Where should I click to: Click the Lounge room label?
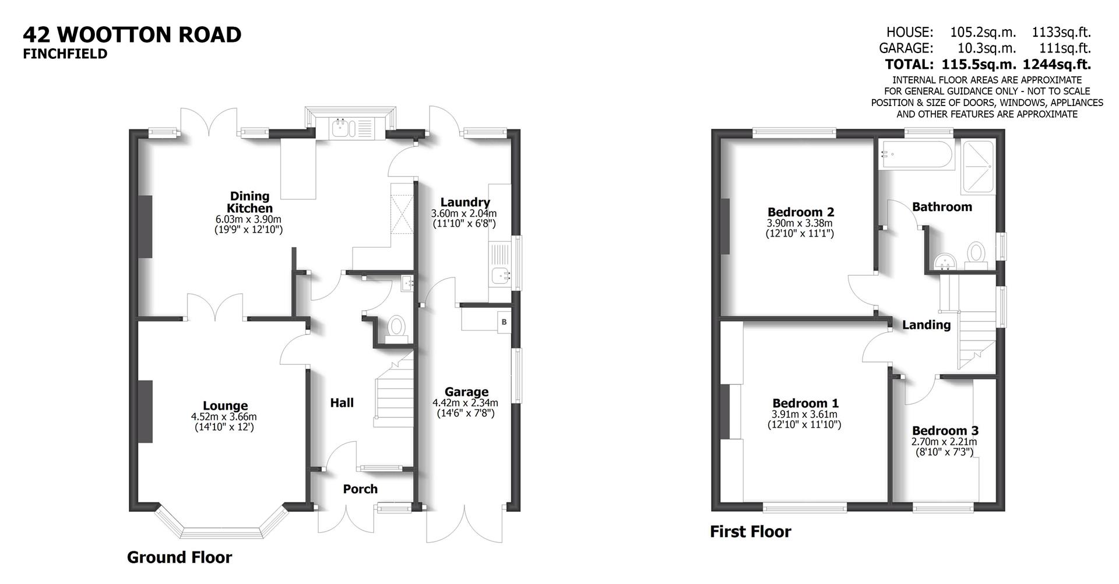[225, 406]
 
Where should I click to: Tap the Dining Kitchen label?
[249, 202]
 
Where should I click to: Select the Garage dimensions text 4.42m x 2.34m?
[465, 403]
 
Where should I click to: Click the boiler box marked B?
[504, 322]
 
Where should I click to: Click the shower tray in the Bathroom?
[979, 167]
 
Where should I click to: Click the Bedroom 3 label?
[945, 431]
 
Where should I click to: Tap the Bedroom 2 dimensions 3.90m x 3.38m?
[800, 223]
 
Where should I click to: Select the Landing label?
[926, 325]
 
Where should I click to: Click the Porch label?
[360, 489]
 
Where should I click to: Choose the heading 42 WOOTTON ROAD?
[132, 34]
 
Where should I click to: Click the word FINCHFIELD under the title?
[65, 54]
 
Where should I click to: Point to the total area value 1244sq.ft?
[1057, 64]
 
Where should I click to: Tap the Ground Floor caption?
[180, 557]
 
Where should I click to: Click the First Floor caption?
[750, 532]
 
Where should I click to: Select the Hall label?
[342, 403]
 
